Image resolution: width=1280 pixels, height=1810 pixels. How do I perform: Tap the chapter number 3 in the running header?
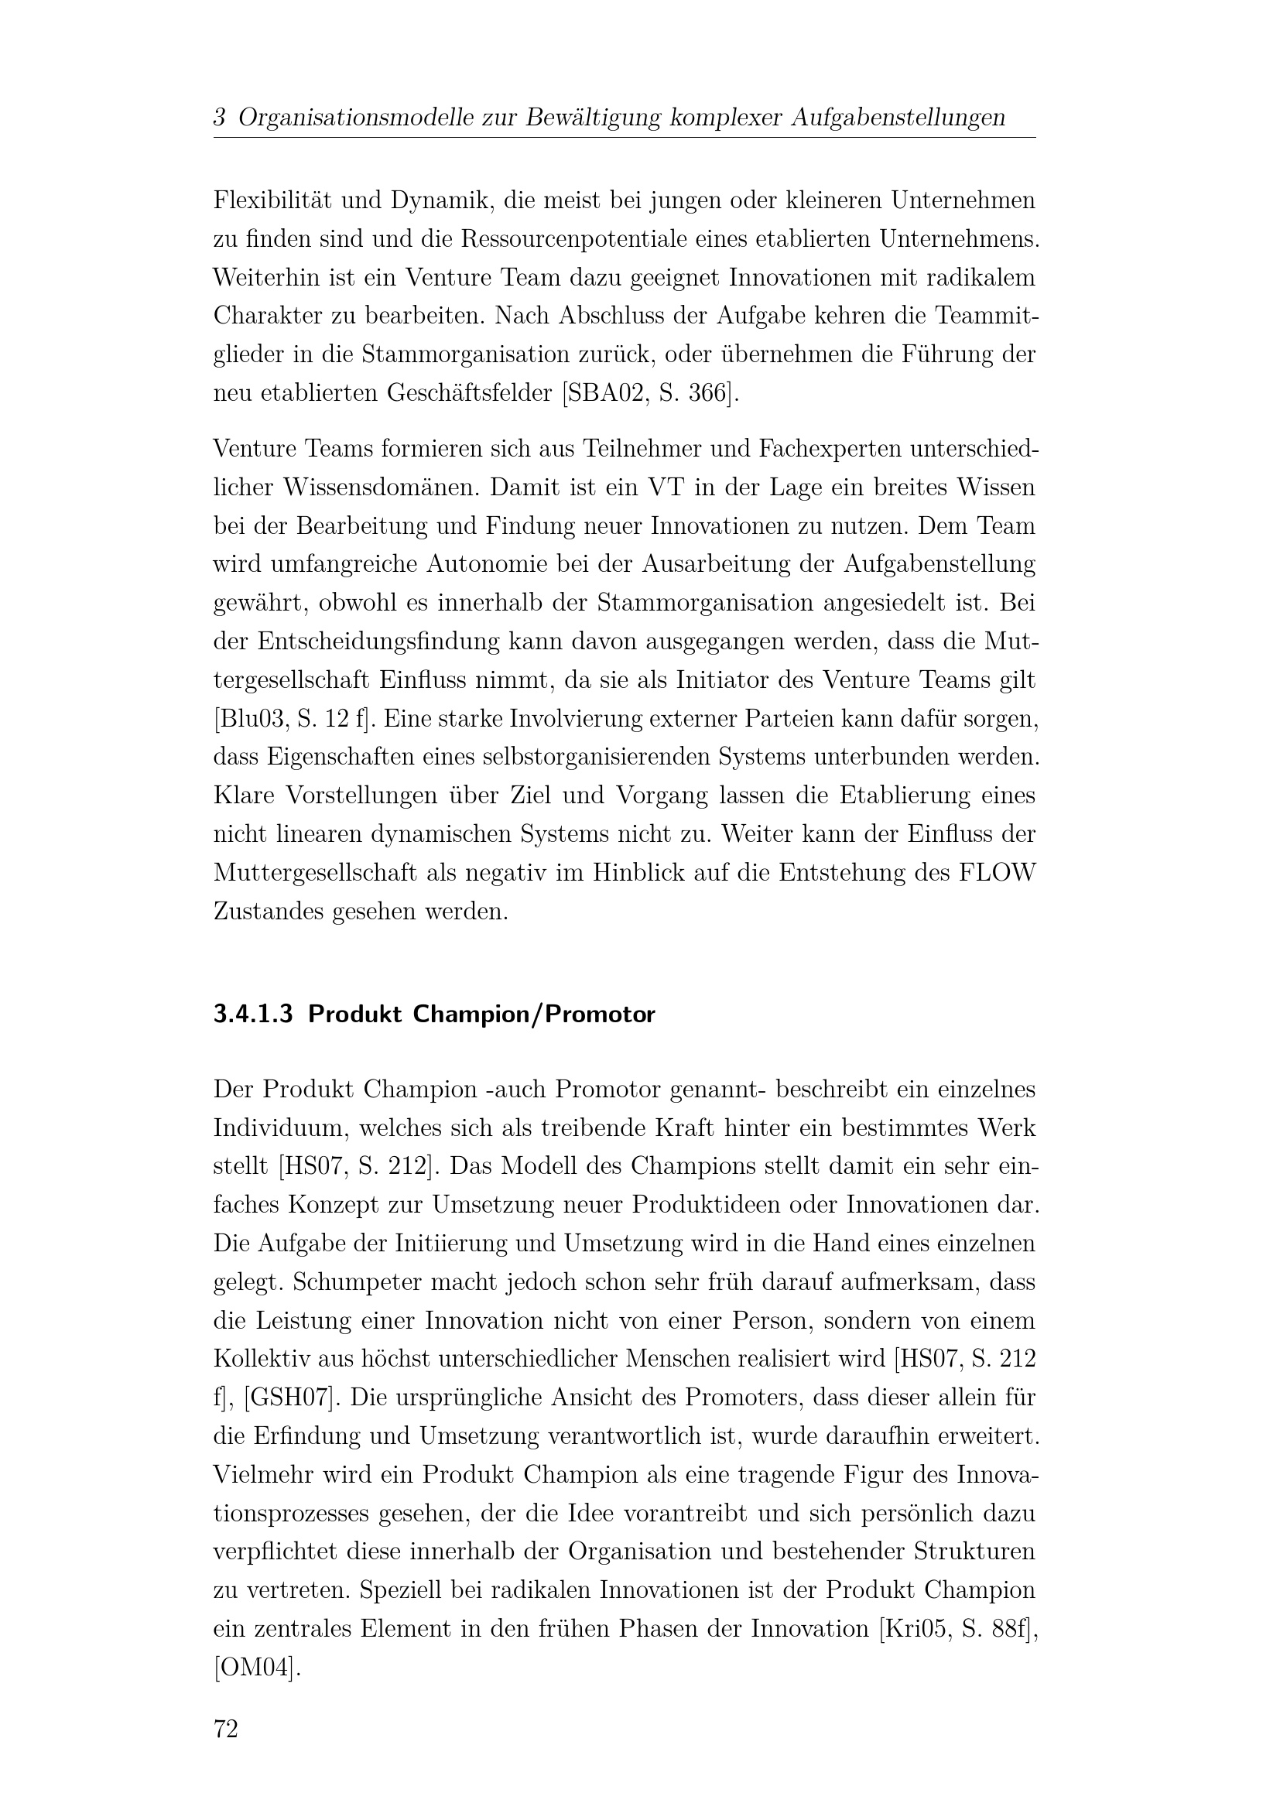pos(220,118)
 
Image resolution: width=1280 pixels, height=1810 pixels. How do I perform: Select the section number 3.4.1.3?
pos(253,1014)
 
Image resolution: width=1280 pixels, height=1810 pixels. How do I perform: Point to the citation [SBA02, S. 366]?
pos(651,392)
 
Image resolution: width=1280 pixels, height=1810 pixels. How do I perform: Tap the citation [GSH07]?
pos(291,1398)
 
